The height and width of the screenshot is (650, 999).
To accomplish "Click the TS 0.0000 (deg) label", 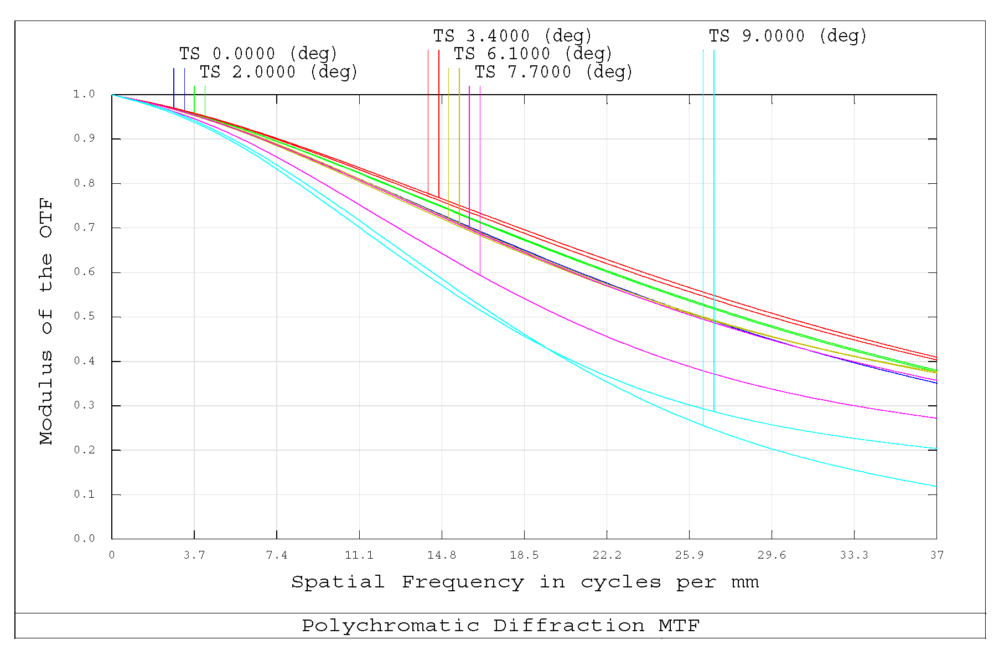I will tap(258, 54).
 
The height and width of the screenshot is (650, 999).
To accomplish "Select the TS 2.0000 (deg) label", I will tap(278, 72).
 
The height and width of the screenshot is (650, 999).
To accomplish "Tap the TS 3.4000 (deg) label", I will tap(513, 36).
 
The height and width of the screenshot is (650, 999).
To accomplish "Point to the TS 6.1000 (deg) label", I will tap(533, 54).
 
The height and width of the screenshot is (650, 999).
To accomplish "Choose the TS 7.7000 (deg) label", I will tap(553, 72).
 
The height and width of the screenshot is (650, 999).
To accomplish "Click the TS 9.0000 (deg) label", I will tap(788, 36).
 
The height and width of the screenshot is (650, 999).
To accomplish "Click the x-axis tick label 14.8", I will tap(442, 555).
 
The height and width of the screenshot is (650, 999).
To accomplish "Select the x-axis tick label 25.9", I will tap(689, 555).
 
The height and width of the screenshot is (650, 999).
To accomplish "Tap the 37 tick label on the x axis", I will tap(936, 555).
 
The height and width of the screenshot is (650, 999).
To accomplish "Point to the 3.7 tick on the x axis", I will tap(194, 555).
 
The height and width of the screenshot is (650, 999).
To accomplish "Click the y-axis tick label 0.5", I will tap(84, 317).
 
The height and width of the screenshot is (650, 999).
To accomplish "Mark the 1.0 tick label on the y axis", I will tap(84, 94).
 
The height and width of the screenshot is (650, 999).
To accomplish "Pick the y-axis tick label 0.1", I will tap(84, 494).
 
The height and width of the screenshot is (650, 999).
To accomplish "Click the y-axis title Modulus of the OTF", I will tap(46, 321).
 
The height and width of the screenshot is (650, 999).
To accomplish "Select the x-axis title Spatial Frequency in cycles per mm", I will tap(525, 582).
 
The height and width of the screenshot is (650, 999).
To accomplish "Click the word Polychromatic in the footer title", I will tap(390, 626).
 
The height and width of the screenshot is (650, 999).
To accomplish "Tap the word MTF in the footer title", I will tap(679, 626).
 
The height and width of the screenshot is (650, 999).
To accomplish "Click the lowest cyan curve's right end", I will tap(935, 486).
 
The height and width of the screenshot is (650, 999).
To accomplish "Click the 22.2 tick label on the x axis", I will tap(607, 555).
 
